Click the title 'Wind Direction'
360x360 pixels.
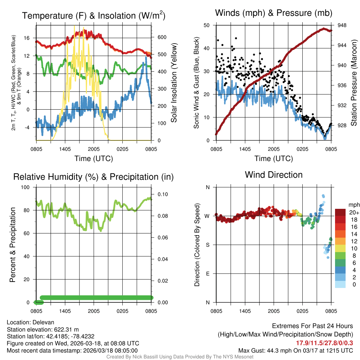coord(274,175)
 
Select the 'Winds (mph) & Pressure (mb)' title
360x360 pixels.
coord(274,13)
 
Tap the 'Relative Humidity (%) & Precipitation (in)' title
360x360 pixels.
coord(94,177)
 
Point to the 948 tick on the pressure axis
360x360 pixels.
coord(342,25)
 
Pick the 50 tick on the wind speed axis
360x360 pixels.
coord(207,25)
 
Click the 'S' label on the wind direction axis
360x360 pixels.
coord(208,245)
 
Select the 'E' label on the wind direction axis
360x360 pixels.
coord(208,274)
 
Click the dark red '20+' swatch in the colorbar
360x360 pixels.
coord(340,212)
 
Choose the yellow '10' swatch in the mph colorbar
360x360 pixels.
coord(340,248)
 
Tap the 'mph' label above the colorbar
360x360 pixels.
coord(353,205)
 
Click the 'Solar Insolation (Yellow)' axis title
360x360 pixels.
coord(174,83)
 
